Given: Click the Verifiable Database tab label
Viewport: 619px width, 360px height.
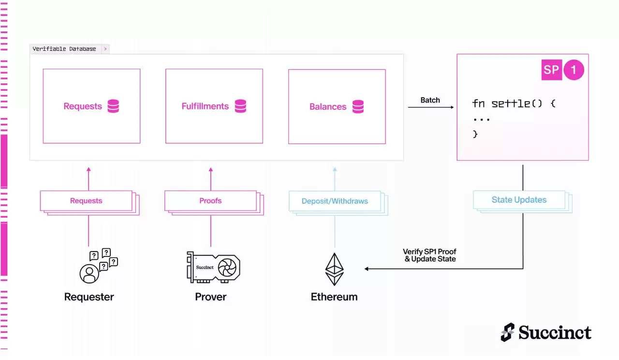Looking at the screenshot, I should coord(64,49).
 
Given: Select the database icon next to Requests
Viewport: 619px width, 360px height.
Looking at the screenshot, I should coord(113,106).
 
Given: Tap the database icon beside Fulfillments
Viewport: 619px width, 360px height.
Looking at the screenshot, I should coord(240,106).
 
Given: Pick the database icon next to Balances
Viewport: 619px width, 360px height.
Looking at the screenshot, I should coord(358,106).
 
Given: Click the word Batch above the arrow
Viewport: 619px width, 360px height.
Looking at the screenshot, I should coord(430,100).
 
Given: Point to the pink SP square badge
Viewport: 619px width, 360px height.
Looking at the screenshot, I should coord(551,70).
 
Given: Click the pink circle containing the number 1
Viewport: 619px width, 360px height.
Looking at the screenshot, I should coord(574,70).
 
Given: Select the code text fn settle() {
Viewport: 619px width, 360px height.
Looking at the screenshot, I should coord(514,104).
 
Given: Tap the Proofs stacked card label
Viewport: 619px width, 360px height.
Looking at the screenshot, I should coord(210,201).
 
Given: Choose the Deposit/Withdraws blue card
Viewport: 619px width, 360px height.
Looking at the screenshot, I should coord(335,201).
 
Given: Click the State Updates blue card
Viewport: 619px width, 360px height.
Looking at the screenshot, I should coord(519,200).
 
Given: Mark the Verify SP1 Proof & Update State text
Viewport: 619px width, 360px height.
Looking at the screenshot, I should coord(429,255).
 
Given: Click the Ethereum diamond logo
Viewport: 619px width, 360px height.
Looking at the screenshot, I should coord(334,269).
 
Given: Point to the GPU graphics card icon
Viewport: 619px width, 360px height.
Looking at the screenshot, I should coord(213,267).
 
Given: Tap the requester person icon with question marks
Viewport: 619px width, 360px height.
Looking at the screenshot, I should coord(98,266).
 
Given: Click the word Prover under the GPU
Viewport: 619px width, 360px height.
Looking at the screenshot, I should coord(210,297).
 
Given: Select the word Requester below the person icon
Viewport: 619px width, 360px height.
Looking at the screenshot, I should coord(89,297).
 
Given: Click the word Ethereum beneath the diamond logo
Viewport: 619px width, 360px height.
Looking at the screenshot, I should coord(334,297).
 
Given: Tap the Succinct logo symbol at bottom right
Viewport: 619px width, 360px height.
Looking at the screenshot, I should coord(507,332).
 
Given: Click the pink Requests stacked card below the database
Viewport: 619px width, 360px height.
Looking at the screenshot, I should coord(86,201).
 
